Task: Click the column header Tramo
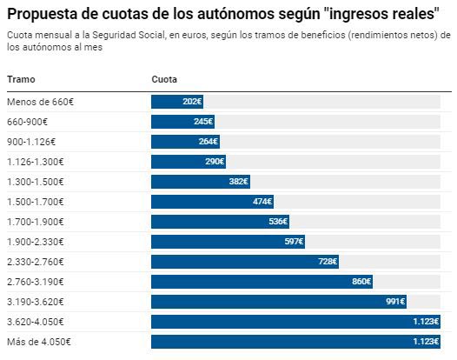(21, 80)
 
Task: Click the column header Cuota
(164, 80)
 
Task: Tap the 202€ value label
(192, 101)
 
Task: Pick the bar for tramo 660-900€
(182, 121)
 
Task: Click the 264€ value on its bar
(208, 141)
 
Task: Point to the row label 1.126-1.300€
(35, 161)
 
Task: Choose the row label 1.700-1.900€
(35, 221)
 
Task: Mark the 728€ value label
(328, 261)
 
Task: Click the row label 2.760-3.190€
(35, 281)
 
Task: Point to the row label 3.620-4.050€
(35, 321)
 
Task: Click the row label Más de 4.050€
(38, 341)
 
